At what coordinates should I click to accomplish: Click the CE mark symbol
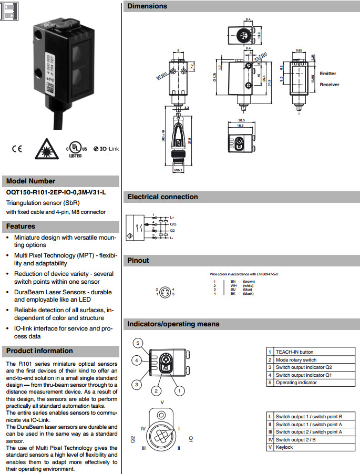point(16,149)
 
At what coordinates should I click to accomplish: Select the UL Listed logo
point(75,149)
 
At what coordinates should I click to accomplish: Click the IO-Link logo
point(106,149)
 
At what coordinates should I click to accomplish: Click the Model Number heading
point(30,181)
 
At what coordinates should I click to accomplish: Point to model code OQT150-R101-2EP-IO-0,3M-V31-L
point(56,192)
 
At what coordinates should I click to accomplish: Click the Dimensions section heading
point(147,6)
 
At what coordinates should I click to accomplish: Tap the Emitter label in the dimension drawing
point(327,74)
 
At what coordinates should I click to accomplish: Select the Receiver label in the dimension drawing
point(329,85)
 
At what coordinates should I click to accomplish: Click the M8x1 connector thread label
point(178,170)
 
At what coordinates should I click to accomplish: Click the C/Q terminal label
point(173,224)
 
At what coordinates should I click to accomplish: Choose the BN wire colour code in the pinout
point(233,282)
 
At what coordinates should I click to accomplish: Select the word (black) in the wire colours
point(249,294)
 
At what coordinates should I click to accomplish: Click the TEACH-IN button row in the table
point(294,352)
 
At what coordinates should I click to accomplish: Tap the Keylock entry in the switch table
point(285,447)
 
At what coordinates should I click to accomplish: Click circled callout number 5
point(137,344)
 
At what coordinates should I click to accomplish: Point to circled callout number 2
point(156,390)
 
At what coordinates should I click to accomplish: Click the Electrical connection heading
point(162,197)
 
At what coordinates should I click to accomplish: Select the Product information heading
point(39,351)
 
